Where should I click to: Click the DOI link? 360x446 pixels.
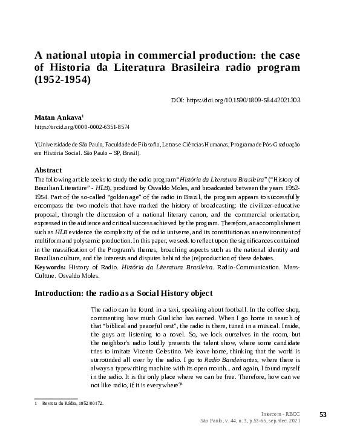[x=237, y=100]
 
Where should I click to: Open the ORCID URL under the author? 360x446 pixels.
[x=82, y=128]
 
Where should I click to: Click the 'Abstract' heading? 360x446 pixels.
[x=48, y=170]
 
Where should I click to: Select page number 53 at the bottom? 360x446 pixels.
[x=322, y=414]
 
